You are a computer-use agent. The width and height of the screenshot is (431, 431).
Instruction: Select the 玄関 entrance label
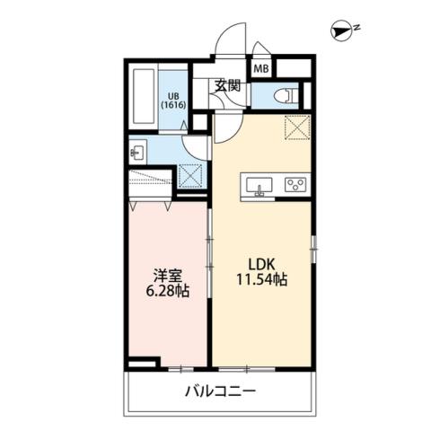(x=227, y=86)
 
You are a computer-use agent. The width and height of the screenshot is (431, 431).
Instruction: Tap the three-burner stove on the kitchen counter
(x=295, y=186)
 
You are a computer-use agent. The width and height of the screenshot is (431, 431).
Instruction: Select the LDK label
(x=262, y=266)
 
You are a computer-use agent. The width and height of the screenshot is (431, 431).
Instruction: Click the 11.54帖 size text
(x=262, y=282)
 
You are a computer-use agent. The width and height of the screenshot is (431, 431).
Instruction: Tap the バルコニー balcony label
(x=221, y=391)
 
